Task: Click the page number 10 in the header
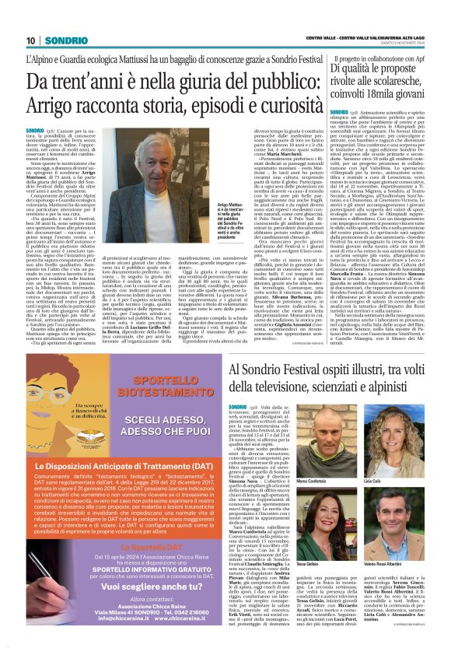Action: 31,40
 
